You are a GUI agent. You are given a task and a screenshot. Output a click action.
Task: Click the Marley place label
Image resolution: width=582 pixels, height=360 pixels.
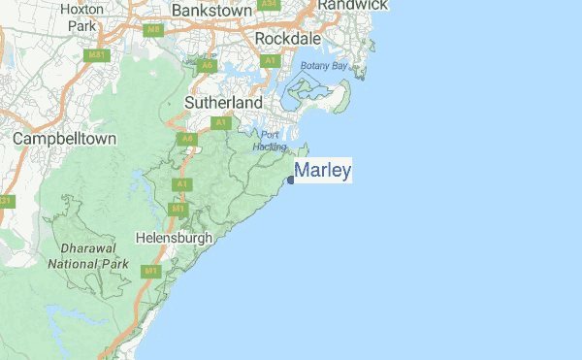323,171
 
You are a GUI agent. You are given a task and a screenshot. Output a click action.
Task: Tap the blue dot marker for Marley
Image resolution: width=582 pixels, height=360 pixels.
291,179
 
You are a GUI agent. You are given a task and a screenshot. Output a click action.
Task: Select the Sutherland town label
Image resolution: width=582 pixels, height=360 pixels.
224,102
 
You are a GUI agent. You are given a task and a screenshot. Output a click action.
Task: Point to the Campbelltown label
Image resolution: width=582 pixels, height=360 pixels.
65,139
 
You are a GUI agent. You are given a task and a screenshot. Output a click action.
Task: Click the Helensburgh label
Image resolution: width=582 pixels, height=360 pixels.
174,237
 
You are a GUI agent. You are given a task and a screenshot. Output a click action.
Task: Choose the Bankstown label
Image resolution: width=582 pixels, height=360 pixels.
212,10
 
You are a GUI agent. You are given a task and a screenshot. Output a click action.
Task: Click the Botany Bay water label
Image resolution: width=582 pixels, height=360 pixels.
323,66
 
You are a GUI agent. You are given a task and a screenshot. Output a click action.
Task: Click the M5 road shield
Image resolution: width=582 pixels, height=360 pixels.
153,30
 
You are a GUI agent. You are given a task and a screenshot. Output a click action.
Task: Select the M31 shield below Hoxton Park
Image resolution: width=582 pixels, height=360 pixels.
95,54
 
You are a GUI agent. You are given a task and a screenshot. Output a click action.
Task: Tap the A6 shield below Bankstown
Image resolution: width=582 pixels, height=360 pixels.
208,66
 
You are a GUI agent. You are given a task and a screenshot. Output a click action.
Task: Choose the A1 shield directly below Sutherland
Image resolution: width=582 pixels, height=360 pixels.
221,122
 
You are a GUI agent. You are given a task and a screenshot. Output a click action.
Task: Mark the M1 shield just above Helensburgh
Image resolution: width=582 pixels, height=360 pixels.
178,209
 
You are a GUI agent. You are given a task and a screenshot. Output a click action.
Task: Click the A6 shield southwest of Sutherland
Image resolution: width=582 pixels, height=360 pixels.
185,140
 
